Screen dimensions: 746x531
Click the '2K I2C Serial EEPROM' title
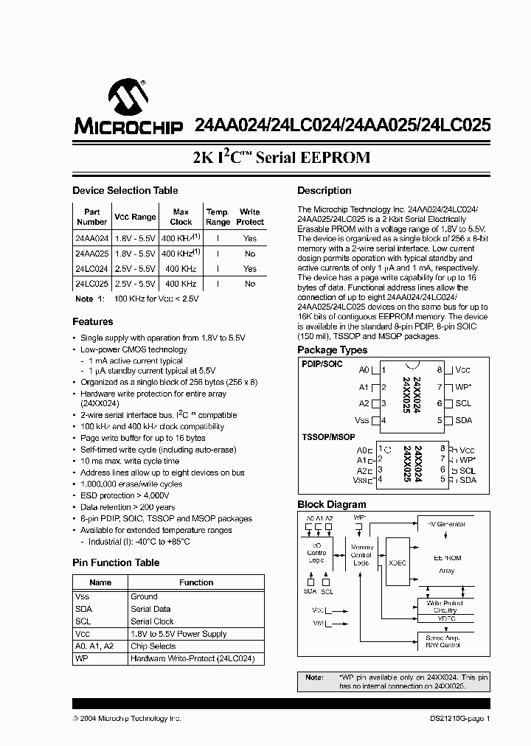pyautogui.click(x=281, y=158)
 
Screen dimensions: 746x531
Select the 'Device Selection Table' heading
pyautogui.click(x=125, y=191)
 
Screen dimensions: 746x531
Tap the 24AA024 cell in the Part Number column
pyautogui.click(x=91, y=239)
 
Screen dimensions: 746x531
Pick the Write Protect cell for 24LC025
pyautogui.click(x=250, y=284)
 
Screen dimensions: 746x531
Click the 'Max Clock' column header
pyautogui.click(x=181, y=217)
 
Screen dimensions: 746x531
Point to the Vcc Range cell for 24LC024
pyautogui.click(x=135, y=269)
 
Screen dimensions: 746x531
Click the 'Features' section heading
pyautogui.click(x=93, y=322)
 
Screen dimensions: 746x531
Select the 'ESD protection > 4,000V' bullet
pyautogui.click(x=130, y=495)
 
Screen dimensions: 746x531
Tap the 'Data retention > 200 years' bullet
pyautogui.click(x=128, y=507)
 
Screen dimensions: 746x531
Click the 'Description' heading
pyautogui.click(x=324, y=191)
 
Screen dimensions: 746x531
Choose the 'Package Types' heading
pyautogui.click(x=332, y=350)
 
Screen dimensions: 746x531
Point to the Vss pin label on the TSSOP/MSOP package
pyautogui.click(x=360, y=480)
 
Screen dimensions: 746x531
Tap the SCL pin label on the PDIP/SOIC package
pyautogui.click(x=463, y=403)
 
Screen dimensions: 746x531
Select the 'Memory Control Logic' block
pyautogui.click(x=361, y=554)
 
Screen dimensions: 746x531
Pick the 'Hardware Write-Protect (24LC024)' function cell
pyautogui.click(x=192, y=658)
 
